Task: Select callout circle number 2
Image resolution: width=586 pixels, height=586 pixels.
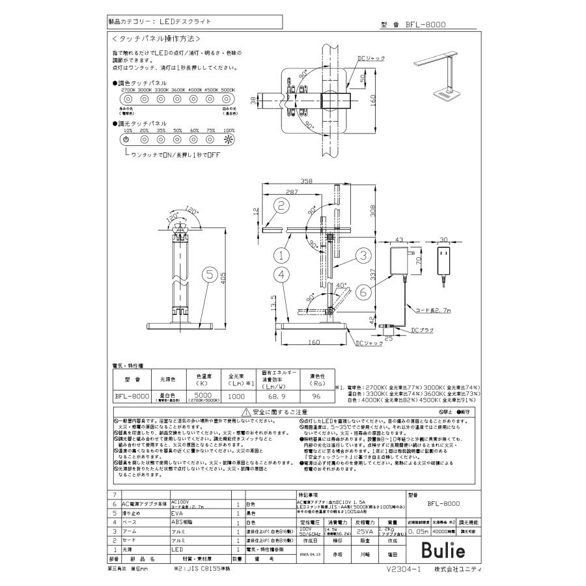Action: (x=281, y=206)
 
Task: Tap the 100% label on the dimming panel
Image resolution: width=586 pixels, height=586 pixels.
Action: (x=229, y=130)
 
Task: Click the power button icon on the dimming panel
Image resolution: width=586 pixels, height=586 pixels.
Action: (x=128, y=139)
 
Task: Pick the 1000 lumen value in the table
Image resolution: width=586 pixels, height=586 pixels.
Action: (x=236, y=395)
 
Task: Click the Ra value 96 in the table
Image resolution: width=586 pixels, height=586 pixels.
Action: (x=316, y=395)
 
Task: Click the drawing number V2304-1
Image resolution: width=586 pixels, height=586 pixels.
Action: (x=406, y=568)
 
